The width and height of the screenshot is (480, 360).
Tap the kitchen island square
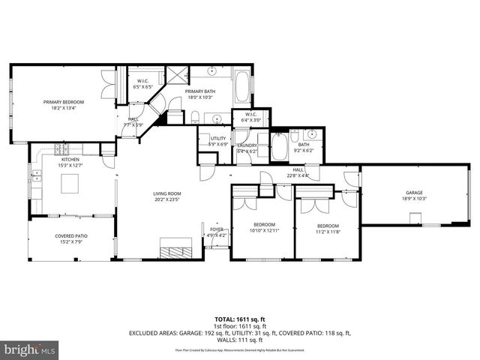pyautogui.click(x=70, y=184)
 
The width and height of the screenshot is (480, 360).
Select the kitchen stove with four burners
pyautogui.click(x=59, y=149)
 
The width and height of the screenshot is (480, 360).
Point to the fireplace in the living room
pyautogui.click(x=177, y=249)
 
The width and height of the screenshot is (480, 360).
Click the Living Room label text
pyautogui.click(x=167, y=193)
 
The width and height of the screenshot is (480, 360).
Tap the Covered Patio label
pyautogui.click(x=70, y=236)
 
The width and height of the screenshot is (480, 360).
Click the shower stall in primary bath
pyautogui.click(x=178, y=74)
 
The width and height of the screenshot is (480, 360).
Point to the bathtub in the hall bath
pyautogui.click(x=279, y=147)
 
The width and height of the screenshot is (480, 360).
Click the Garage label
pyautogui.click(x=413, y=193)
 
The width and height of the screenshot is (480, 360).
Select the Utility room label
pyautogui.click(x=218, y=138)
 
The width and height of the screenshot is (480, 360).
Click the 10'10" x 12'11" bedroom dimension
pyautogui.click(x=263, y=230)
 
